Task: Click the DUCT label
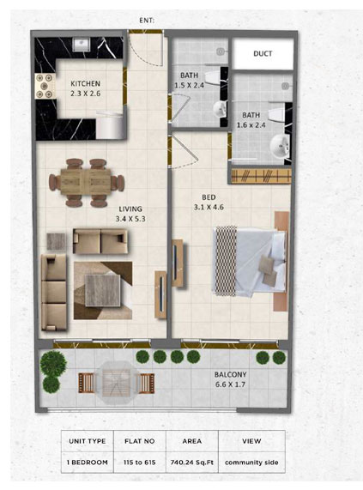263,53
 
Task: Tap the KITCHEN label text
85,84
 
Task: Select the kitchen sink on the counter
82,45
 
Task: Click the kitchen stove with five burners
45,86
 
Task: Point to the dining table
86,182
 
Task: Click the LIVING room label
130,209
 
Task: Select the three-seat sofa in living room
54,292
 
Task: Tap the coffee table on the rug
102,290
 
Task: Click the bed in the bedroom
250,261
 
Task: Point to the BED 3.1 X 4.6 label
209,203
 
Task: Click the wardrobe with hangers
262,176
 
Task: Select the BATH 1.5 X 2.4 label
189,80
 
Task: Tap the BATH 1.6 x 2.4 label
251,120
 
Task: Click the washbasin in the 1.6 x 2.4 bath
280,146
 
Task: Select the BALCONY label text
230,374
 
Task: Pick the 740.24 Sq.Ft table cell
192,463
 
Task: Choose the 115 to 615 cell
140,463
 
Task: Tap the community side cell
251,463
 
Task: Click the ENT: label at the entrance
147,21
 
